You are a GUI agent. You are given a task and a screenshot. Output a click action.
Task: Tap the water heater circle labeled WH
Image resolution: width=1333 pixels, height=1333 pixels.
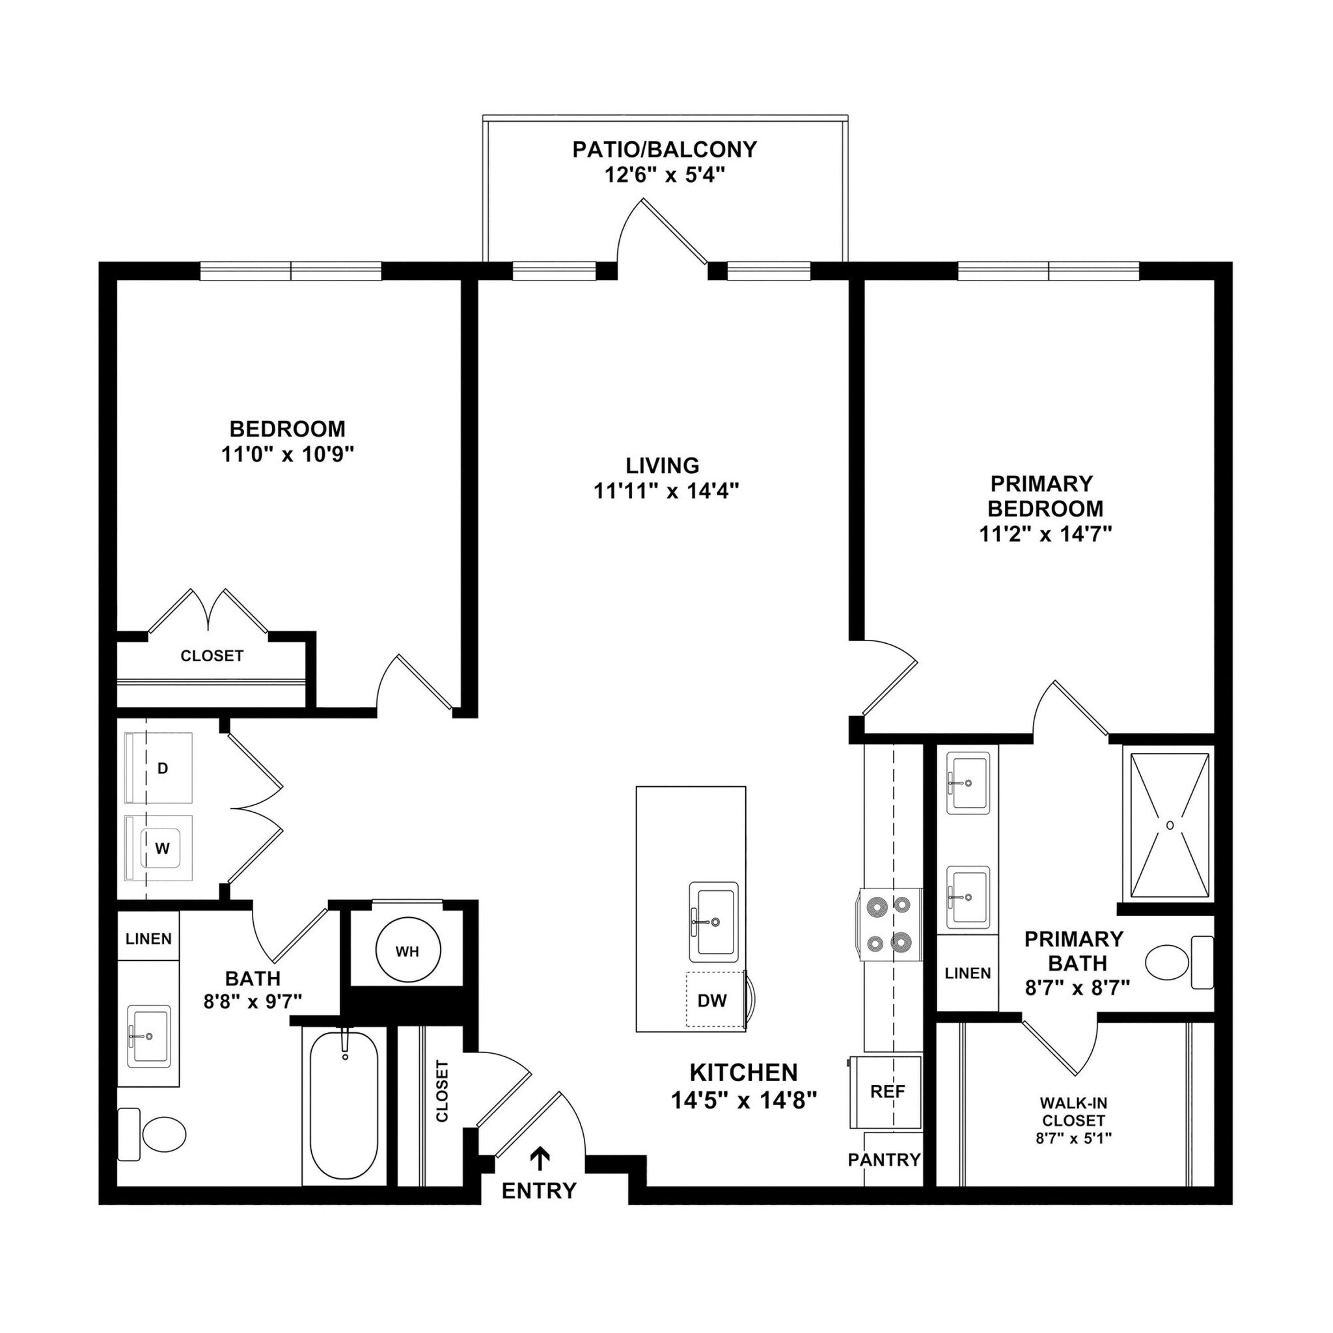click(407, 952)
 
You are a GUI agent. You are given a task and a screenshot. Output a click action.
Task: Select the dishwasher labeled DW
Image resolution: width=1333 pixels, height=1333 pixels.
click(712, 1000)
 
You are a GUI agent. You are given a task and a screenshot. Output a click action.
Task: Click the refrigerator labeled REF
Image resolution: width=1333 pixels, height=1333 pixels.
click(887, 1092)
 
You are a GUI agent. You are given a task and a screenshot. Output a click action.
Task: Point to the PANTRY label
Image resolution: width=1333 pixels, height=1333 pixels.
click(885, 1160)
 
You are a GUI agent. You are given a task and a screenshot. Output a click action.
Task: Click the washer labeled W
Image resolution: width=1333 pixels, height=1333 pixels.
click(161, 849)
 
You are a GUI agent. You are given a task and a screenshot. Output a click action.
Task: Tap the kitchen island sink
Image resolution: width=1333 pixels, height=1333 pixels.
click(714, 922)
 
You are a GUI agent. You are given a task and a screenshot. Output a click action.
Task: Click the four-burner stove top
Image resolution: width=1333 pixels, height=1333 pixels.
click(890, 924)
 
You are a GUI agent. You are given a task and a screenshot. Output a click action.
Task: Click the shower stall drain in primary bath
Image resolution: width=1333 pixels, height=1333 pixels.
click(1170, 825)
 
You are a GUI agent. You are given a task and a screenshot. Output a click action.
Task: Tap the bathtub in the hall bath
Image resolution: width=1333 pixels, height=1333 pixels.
click(344, 1106)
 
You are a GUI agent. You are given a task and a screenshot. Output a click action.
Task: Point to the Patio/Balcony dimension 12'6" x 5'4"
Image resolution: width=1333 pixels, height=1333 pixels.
click(665, 175)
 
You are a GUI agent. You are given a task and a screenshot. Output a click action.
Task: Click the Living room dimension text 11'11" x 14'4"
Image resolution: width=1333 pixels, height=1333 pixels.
click(666, 491)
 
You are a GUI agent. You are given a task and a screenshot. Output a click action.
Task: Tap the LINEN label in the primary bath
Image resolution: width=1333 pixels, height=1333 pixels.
click(967, 974)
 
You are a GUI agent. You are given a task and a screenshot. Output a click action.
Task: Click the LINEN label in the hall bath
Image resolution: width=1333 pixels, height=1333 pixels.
click(148, 939)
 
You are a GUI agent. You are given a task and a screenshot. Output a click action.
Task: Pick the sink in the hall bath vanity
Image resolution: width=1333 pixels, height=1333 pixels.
click(149, 1036)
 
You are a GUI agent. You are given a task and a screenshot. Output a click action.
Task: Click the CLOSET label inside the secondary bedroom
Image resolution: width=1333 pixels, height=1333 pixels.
click(212, 656)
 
